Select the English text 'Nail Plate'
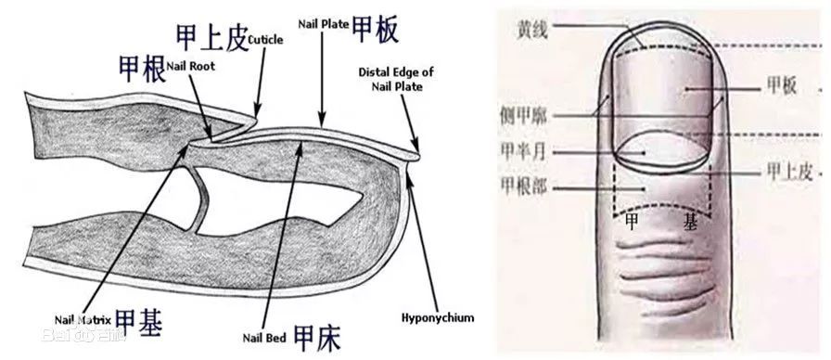pos(323,22)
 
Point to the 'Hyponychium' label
pos(438,317)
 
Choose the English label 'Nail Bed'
pos(264,337)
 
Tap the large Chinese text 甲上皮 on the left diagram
pos(212,37)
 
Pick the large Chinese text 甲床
pos(317,336)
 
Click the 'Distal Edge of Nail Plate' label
pos(395,79)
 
